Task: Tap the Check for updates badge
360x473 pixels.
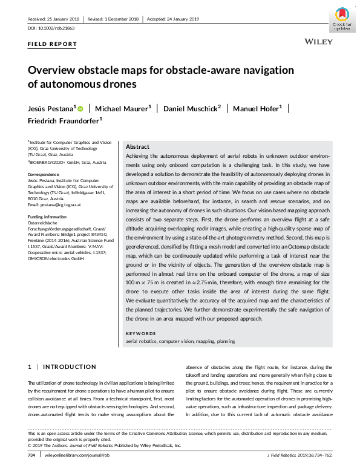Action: tap(342, 19)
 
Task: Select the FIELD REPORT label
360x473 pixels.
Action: tap(52, 44)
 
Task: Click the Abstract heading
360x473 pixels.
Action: tap(137, 147)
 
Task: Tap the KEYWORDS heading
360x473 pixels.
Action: tap(142, 334)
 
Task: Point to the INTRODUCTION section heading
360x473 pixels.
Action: tap(70, 367)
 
